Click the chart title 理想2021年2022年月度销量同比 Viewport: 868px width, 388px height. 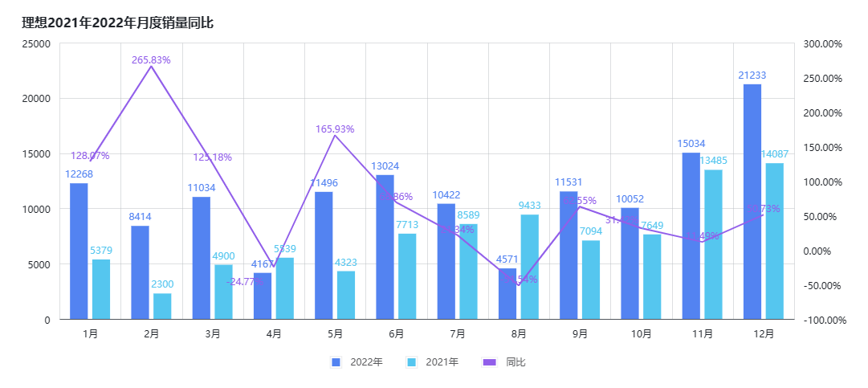click(117, 22)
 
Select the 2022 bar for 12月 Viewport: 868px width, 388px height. click(752, 201)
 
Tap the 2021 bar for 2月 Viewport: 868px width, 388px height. click(162, 306)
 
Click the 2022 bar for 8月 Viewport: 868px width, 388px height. click(507, 294)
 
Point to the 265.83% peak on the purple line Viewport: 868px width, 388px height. click(151, 66)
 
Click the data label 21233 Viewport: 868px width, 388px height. click(752, 76)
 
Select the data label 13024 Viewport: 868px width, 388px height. click(385, 166)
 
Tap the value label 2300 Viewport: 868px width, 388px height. click(162, 284)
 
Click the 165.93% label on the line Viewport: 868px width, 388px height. click(335, 129)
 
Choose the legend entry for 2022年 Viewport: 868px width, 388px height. click(357, 362)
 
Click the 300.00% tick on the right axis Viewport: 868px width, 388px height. click(821, 43)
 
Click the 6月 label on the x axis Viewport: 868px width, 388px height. click(396, 334)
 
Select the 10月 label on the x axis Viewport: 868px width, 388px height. click(641, 334)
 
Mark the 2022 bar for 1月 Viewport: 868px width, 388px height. click(79, 251)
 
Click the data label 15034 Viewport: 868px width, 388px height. click(691, 144)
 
